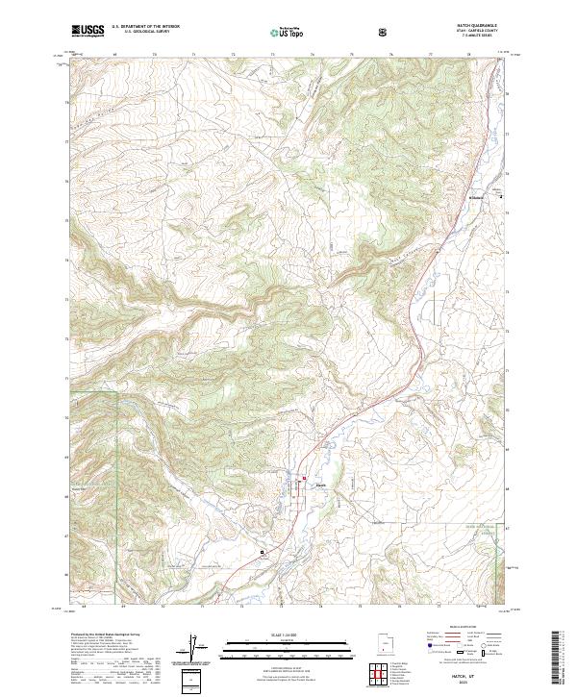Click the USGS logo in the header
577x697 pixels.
coord(88,31)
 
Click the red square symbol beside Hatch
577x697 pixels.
coord(306,480)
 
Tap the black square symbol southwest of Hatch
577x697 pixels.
coord(262,552)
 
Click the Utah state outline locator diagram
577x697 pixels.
coord(384,641)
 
